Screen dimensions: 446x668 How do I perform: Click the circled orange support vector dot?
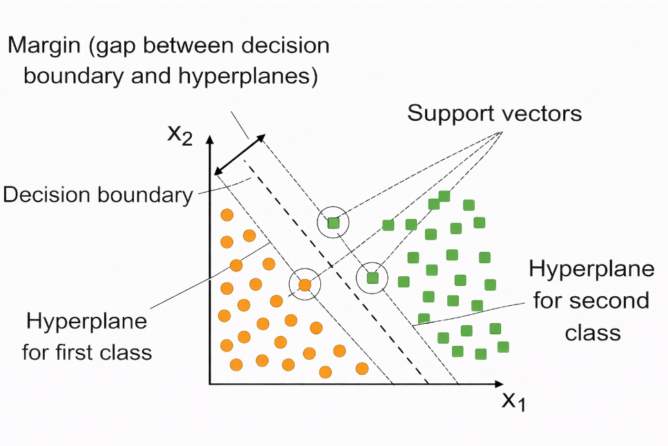coord(304,284)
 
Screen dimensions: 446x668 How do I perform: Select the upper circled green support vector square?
coord(333,223)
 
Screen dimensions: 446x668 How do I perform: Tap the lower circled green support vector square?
coord(373,278)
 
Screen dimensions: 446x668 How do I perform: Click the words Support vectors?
coord(494,113)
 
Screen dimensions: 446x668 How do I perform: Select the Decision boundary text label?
coord(97,195)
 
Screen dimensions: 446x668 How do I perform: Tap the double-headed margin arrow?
coord(239,155)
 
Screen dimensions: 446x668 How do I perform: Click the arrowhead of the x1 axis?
coord(498,383)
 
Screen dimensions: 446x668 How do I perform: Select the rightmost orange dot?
coord(362,367)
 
